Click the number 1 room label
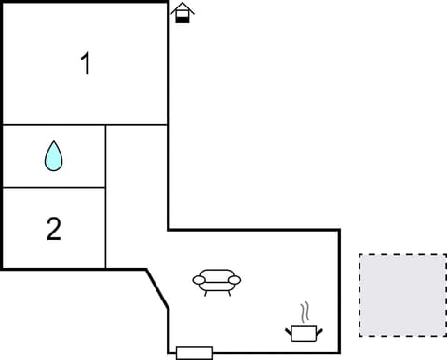pyautogui.click(x=86, y=65)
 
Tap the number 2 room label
pyautogui.click(x=54, y=229)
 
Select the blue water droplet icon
pyautogui.click(x=54, y=156)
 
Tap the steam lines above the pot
pyautogui.click(x=303, y=311)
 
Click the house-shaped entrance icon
pyautogui.click(x=183, y=12)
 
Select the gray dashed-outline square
pyautogui.click(x=402, y=296)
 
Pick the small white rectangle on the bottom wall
pyautogui.click(x=194, y=353)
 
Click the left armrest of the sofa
pyautogui.click(x=198, y=279)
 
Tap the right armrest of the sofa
pyautogui.click(x=235, y=279)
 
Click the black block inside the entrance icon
pyautogui.click(x=183, y=18)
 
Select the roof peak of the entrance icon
pyautogui.click(x=183, y=5)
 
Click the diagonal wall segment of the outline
pyautogui.click(x=157, y=288)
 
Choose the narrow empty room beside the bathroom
pyautogui.click(x=136, y=195)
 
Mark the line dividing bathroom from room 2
pyautogui.click(x=54, y=188)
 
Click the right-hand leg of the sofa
pyautogui.click(x=228, y=291)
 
